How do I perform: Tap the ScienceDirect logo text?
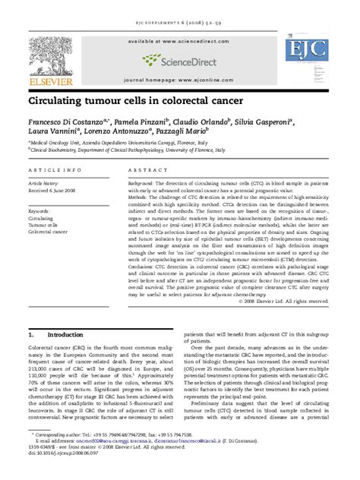pos(187,58)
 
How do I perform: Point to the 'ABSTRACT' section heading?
pos(147,171)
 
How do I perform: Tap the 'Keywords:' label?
pos(41,209)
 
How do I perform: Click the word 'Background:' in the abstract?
pos(145,184)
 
